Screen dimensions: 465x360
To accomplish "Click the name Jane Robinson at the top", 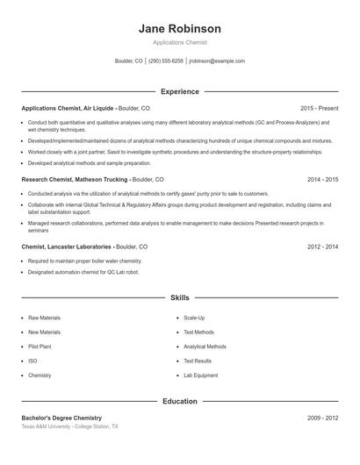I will [x=179, y=28].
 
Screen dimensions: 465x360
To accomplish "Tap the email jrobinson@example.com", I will [x=217, y=61].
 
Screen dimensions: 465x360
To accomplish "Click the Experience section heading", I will [x=180, y=91].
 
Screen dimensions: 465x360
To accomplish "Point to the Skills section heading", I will [x=180, y=298].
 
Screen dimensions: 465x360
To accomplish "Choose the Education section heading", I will [x=180, y=401].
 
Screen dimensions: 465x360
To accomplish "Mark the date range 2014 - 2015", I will [x=322, y=179].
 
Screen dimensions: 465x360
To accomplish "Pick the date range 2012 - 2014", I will [x=322, y=247].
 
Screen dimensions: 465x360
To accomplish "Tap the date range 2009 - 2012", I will [x=322, y=418].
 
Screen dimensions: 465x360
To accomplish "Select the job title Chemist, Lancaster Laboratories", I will [x=66, y=247].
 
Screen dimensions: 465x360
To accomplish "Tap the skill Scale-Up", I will [x=194, y=318].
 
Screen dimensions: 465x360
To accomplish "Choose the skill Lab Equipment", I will [x=200, y=376].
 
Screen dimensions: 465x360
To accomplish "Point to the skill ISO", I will [x=32, y=361].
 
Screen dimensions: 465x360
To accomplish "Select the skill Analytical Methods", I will [x=205, y=347].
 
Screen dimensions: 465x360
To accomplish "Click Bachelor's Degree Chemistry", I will [x=61, y=418].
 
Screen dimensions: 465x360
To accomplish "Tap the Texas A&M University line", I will [x=68, y=426].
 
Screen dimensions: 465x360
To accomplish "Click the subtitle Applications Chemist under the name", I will [x=179, y=42].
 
